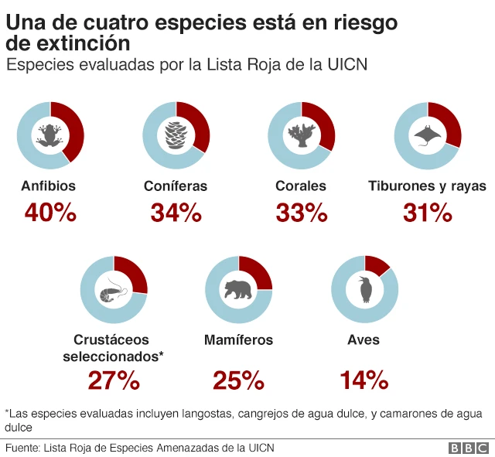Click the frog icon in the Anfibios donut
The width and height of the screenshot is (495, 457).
[50, 135]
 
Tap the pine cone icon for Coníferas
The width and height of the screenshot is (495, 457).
[176, 135]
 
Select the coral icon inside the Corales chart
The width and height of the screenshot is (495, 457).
[301, 135]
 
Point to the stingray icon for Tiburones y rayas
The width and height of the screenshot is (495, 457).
[427, 136]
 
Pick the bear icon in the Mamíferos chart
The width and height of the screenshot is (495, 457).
[239, 290]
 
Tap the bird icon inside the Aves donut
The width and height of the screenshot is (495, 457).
[364, 289]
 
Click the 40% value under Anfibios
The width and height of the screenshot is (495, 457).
[50, 213]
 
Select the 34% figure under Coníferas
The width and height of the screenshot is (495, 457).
[176, 213]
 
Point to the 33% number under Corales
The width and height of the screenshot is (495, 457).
[301, 213]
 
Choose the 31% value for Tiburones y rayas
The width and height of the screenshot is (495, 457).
[427, 213]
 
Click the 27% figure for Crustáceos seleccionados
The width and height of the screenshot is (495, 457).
[114, 380]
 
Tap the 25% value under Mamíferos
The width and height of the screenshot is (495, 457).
[239, 380]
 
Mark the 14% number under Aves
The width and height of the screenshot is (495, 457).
[364, 380]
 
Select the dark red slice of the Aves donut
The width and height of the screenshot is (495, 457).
[377, 264]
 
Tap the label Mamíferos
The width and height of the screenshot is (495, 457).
[238, 340]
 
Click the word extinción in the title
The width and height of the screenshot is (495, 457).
[77, 44]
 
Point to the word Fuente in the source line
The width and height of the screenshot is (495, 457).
[22, 448]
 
